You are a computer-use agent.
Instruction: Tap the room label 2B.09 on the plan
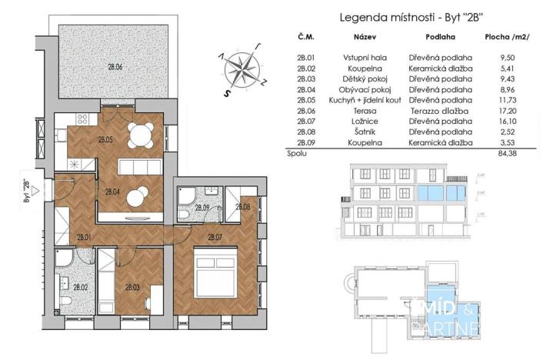[202, 208]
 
